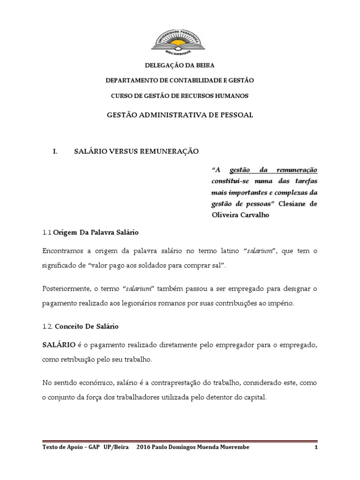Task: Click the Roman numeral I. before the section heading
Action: pyautogui.click(x=55, y=151)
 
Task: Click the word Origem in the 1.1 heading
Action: pyautogui.click(x=64, y=232)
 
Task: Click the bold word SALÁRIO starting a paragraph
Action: pyautogui.click(x=59, y=345)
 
